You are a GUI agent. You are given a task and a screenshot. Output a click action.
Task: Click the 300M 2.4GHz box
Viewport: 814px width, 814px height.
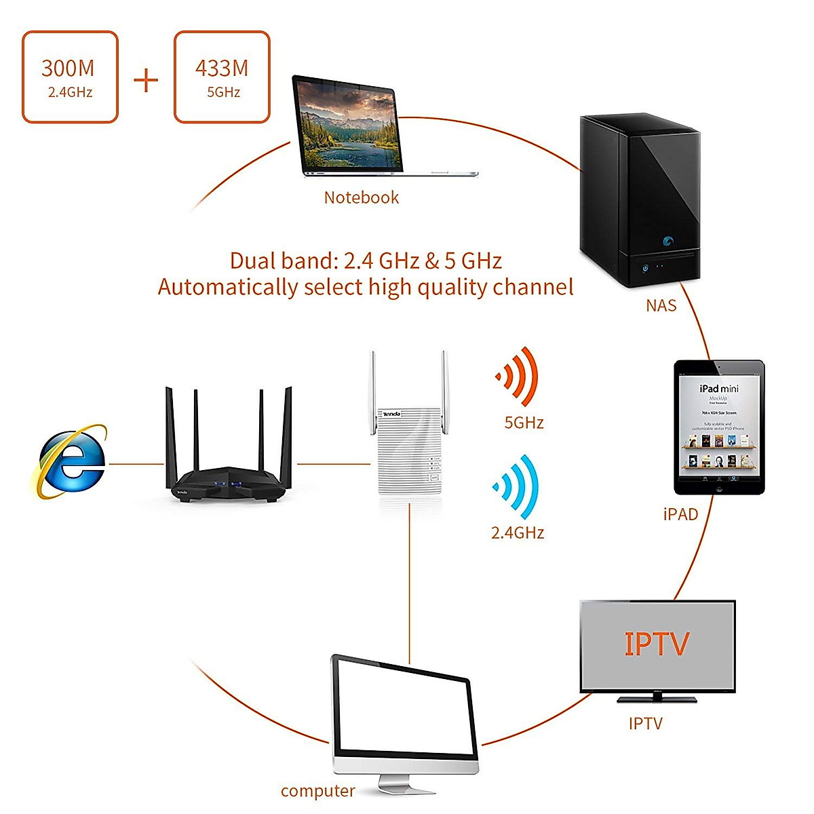click(x=70, y=77)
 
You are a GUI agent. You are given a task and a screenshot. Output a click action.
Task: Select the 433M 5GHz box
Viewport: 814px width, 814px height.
click(x=222, y=77)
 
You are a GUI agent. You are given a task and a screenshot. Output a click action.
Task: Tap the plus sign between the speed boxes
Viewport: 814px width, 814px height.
click(x=146, y=81)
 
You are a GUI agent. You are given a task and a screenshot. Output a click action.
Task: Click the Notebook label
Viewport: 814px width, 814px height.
click(x=361, y=197)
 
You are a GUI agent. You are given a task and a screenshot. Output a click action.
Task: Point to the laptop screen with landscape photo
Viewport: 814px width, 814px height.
click(x=347, y=126)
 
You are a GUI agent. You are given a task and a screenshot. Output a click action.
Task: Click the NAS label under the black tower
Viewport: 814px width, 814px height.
click(x=661, y=306)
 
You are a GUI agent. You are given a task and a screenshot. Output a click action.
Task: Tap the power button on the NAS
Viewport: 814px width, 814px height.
click(x=645, y=267)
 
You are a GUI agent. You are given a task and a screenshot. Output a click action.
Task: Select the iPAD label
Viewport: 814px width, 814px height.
click(x=680, y=514)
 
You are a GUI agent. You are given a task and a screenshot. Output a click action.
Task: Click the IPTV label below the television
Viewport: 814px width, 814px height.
click(x=645, y=724)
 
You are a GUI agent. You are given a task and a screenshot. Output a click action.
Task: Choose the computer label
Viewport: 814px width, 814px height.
click(x=317, y=791)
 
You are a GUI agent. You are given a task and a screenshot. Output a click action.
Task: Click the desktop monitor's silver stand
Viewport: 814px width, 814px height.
click(x=398, y=784)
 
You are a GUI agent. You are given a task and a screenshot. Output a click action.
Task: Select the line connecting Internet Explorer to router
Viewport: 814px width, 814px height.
click(x=136, y=464)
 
